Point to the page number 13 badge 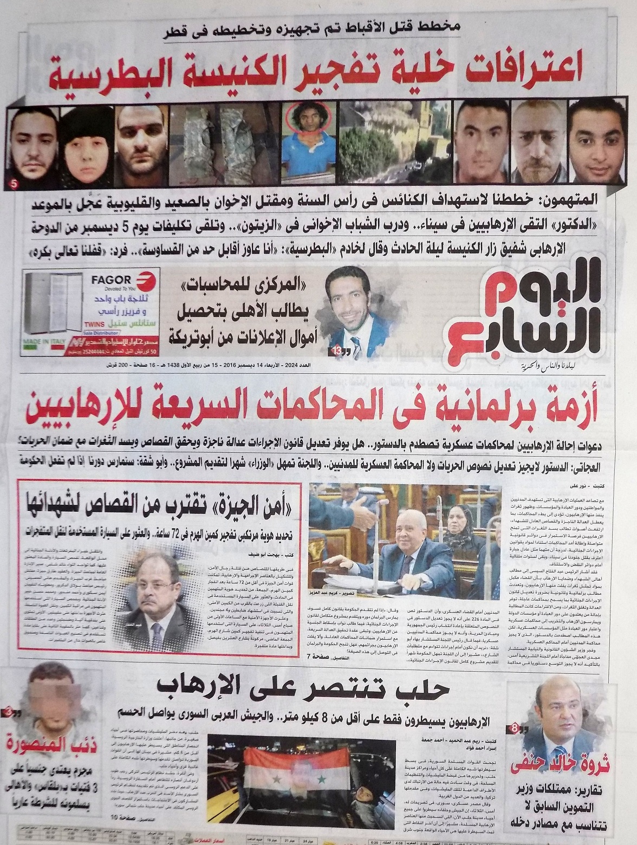point(337,352)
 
